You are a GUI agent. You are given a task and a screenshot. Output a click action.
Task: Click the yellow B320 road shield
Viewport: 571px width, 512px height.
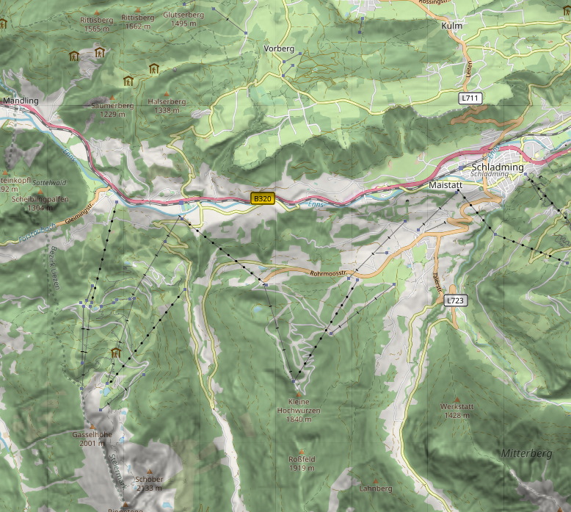[263, 198]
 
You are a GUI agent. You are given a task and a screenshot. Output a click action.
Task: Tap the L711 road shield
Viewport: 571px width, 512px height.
[470, 98]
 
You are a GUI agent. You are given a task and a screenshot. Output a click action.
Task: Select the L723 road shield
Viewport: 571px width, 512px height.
[455, 300]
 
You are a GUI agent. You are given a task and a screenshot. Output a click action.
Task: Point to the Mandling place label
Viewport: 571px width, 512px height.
[21, 100]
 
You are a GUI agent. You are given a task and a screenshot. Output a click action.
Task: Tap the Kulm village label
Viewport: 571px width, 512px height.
[451, 26]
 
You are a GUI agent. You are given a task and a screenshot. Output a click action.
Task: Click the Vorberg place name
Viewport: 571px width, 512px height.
[278, 48]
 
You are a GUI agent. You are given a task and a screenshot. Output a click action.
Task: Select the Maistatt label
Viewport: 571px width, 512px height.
[445, 186]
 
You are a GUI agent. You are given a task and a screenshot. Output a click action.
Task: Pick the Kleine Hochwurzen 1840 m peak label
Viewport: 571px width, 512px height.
[299, 410]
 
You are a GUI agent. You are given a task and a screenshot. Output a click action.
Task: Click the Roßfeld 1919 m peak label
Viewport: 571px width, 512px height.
[301, 463]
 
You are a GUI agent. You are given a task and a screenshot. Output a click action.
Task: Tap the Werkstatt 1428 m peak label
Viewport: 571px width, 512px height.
[457, 411]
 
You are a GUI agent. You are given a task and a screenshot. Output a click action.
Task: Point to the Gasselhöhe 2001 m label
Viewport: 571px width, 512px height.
[92, 439]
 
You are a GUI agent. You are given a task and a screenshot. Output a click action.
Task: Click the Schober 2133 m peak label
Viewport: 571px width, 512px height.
[149, 483]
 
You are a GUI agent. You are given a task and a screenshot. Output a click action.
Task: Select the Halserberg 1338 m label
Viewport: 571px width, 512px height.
[167, 106]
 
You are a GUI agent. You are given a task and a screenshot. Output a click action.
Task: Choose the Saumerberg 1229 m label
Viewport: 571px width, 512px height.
[112, 109]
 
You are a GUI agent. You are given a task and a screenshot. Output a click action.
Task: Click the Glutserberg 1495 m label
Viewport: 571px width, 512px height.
[183, 18]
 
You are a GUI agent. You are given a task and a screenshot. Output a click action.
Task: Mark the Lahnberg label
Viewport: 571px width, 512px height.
[376, 488]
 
